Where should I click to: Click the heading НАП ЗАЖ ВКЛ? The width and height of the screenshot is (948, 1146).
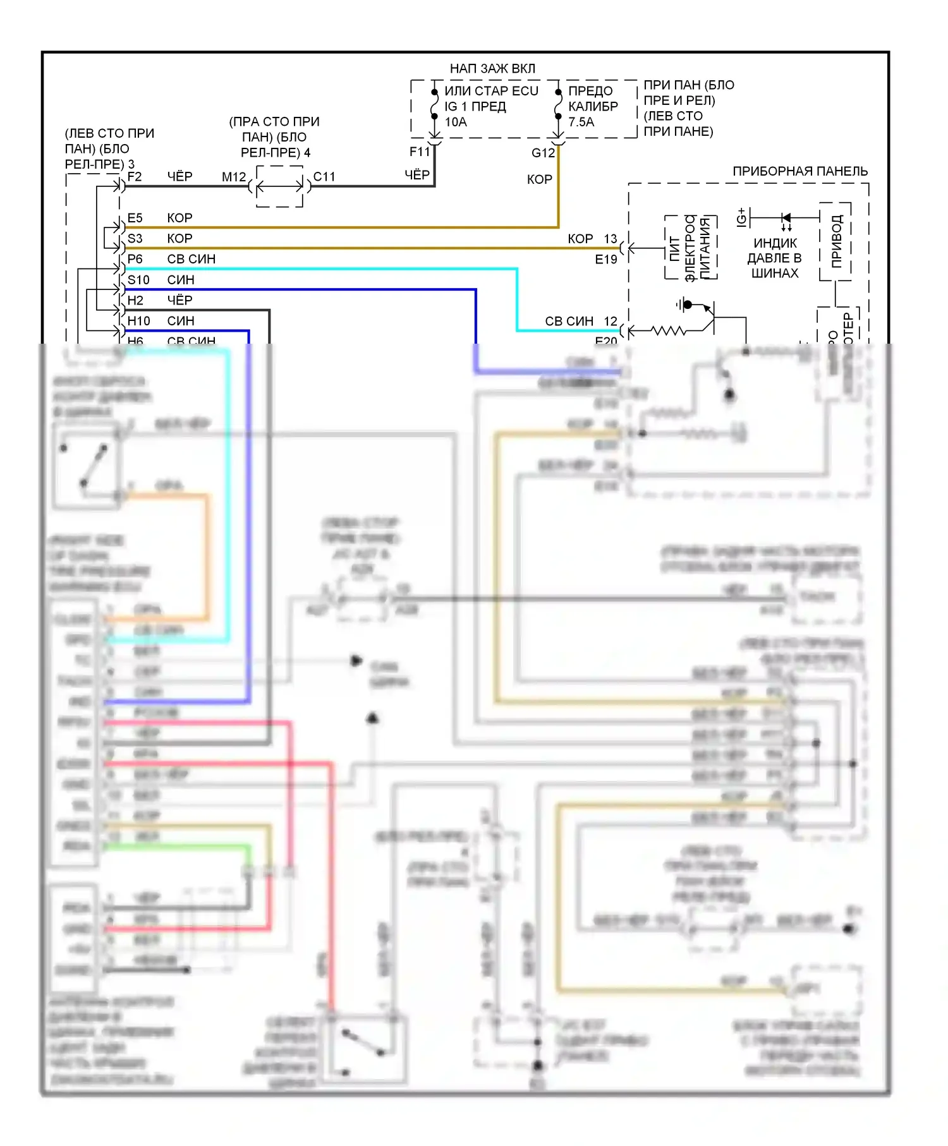tap(492, 68)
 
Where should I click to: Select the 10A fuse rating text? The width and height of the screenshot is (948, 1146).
tap(456, 122)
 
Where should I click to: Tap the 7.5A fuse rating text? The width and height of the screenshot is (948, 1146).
tap(581, 122)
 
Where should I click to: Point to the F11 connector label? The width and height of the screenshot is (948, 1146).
tap(419, 152)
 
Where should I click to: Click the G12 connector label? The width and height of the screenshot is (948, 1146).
tap(543, 153)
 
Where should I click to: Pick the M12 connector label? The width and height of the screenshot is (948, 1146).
tap(234, 177)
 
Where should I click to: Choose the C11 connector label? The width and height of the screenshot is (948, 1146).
tap(324, 177)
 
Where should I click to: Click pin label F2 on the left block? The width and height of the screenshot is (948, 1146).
tap(135, 176)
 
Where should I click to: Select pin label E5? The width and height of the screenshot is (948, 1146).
tap(135, 218)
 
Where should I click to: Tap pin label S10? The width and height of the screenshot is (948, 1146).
tap(138, 280)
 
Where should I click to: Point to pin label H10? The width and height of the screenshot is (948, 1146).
tap(138, 321)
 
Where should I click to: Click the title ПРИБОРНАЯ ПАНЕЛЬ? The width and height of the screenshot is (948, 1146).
tap(799, 171)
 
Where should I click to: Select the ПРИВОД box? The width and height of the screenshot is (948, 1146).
tap(836, 241)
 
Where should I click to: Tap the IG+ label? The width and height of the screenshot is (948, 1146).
tap(741, 217)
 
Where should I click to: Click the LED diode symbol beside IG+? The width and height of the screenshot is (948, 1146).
tap(786, 219)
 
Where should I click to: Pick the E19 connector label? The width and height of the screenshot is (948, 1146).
tap(605, 259)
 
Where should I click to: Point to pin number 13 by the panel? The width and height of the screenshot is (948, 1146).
tap(610, 239)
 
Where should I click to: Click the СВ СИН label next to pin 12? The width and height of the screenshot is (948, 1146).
tap(569, 321)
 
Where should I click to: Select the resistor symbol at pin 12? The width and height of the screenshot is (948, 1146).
tap(669, 330)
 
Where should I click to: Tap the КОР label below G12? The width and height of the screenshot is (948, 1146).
tap(539, 179)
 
